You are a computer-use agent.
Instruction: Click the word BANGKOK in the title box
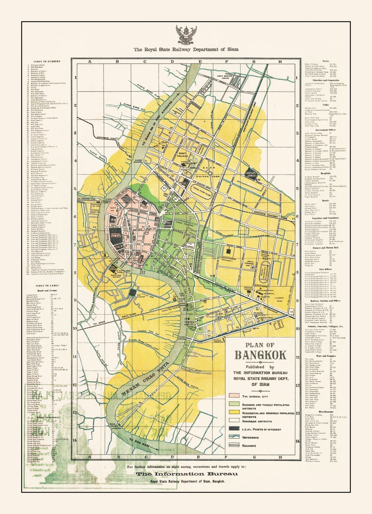click(260, 355)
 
